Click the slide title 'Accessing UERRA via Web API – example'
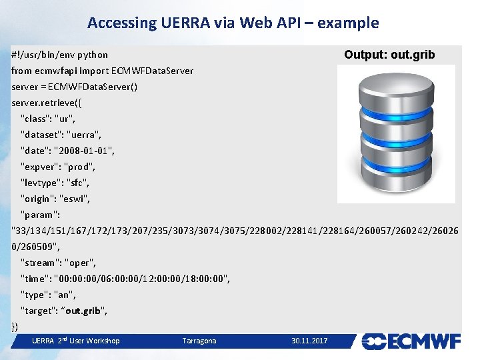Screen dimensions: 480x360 point(233,23)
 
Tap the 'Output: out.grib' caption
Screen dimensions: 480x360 point(389,55)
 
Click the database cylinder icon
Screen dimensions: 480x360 point(396,133)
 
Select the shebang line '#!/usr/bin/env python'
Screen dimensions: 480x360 point(60,55)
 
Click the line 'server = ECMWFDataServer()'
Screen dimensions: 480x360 point(75,87)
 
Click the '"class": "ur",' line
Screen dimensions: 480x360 point(48,119)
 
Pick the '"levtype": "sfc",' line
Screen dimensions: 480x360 point(55,183)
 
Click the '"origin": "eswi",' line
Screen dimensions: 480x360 point(55,199)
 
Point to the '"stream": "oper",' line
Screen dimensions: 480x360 point(59,263)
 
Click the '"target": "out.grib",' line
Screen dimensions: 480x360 point(64,311)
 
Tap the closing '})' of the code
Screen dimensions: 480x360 point(15,326)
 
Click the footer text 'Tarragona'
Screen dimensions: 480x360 point(199,341)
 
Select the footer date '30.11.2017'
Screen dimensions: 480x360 point(309,341)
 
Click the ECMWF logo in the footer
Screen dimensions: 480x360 point(411,341)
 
